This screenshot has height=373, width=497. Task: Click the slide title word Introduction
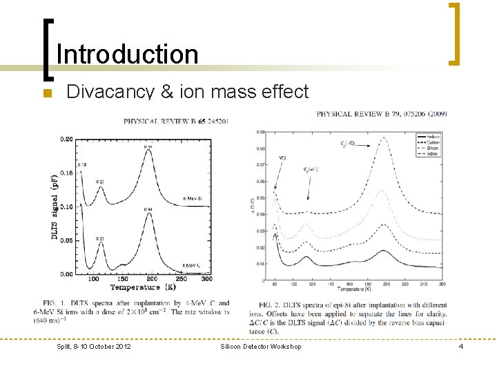pyautogui.click(x=127, y=55)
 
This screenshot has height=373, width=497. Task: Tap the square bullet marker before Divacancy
pyautogui.click(x=46, y=93)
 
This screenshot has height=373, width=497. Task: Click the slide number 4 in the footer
pyautogui.click(x=460, y=346)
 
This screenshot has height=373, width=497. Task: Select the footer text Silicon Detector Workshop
pyautogui.click(x=261, y=346)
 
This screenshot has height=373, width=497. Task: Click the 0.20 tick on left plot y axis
pyautogui.click(x=66, y=139)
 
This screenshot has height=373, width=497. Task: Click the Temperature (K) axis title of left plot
pyautogui.click(x=142, y=287)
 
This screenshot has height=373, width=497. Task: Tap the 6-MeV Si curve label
pyautogui.click(x=193, y=198)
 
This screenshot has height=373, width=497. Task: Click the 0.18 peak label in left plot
pyautogui.click(x=82, y=165)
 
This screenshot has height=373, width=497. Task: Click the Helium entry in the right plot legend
pyautogui.click(x=433, y=136)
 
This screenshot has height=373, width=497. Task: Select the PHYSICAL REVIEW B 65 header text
pyautogui.click(x=176, y=121)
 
